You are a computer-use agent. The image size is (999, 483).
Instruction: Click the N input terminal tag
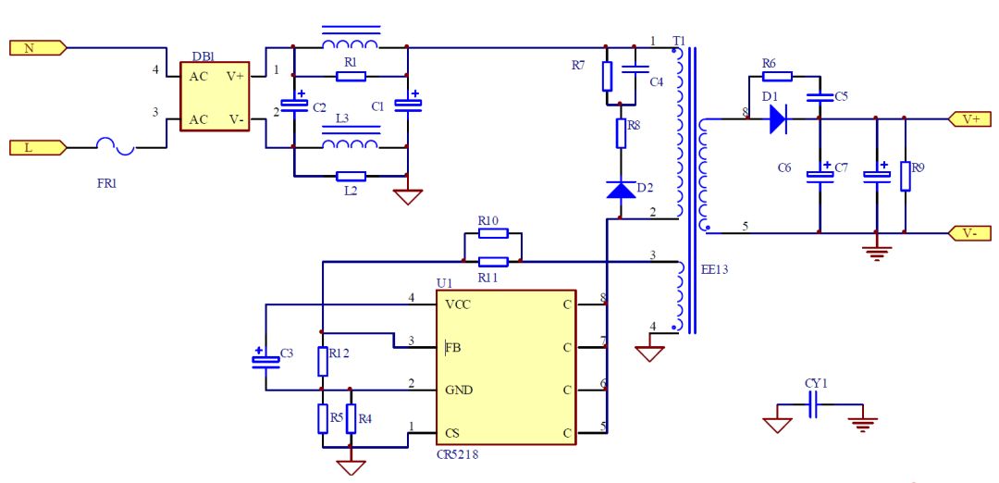click(38, 48)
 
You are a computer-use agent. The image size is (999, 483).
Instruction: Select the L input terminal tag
click(38, 148)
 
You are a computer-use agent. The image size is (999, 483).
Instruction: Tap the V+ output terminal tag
click(969, 118)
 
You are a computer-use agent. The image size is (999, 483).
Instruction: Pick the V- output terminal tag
click(969, 233)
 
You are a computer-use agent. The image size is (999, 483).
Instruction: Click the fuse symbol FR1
click(116, 148)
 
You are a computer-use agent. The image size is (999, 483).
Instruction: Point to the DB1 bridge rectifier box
click(215, 96)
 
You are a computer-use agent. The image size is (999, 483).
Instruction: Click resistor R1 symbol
click(351, 77)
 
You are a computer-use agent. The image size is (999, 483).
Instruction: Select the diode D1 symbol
click(778, 118)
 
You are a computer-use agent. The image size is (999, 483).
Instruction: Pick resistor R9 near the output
click(905, 177)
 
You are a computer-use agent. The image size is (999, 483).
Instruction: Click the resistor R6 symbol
click(777, 77)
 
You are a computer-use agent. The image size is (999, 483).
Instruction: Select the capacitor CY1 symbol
click(813, 404)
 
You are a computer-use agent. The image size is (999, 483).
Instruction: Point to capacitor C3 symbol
click(265, 359)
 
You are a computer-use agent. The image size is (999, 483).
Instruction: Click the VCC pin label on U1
click(458, 304)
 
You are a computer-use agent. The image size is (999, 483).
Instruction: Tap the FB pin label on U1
click(453, 348)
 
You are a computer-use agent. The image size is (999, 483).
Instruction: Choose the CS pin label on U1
click(452, 434)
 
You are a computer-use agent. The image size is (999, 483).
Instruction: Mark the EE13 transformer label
click(714, 269)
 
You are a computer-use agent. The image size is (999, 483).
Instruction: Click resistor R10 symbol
click(493, 233)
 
